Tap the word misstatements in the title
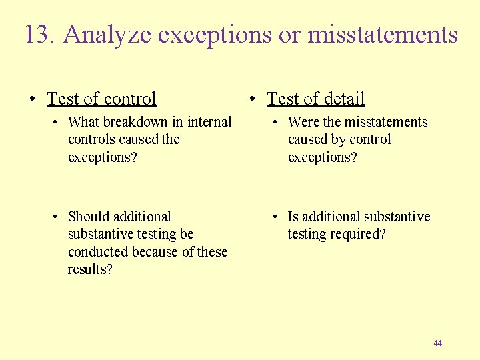[383, 35]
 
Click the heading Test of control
[101, 99]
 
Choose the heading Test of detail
[315, 99]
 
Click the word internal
[209, 122]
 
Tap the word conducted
[98, 252]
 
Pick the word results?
[90, 269]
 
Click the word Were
[303, 122]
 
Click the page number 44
[437, 343]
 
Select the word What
[83, 122]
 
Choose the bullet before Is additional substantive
[275, 217]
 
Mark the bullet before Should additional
[55, 217]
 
